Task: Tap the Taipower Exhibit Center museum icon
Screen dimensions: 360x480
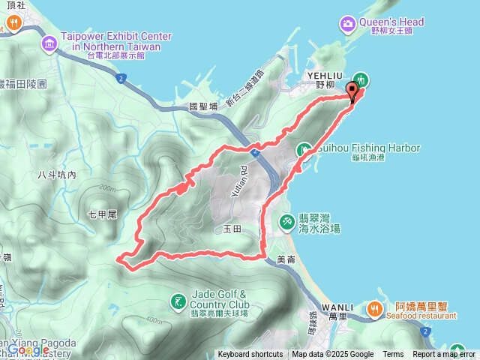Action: tap(49, 43)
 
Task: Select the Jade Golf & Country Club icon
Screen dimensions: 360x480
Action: tap(177, 301)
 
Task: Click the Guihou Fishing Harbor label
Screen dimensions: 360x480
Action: tap(367, 148)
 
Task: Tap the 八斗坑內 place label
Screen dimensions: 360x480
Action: tap(56, 175)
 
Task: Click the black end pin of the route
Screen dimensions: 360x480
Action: tap(352, 93)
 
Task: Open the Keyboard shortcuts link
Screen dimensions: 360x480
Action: tap(250, 355)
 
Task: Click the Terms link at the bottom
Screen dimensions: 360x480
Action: tap(393, 355)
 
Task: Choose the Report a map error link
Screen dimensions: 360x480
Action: tap(443, 355)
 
